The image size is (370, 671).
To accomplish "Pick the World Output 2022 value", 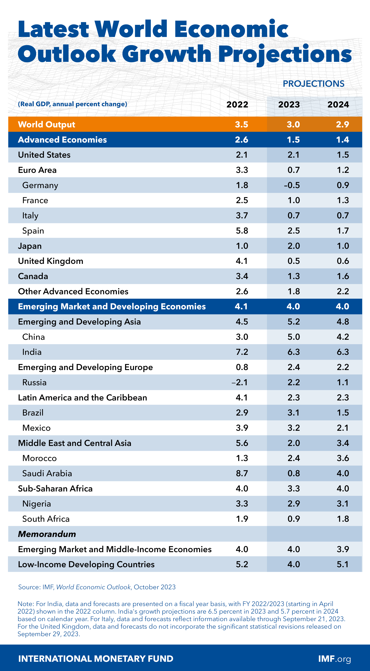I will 241,125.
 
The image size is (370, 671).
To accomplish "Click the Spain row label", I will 33,231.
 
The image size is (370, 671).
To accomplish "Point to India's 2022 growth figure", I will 242,352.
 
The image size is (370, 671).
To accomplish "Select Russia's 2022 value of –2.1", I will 240,382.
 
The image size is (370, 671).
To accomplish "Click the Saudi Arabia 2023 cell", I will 294,473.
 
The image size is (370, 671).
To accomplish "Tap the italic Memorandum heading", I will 47,534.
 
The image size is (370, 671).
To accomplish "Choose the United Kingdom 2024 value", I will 343,261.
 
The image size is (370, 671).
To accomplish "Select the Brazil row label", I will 33,413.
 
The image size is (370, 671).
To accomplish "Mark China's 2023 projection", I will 294,337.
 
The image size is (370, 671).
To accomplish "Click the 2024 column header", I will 338,104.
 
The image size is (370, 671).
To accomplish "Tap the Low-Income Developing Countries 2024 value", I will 343,564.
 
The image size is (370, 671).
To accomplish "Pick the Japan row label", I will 30,246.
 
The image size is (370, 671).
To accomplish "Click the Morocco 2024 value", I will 343,458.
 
